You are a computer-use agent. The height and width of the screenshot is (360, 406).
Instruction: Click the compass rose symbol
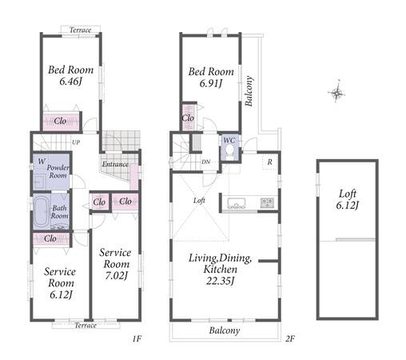(x=336, y=92)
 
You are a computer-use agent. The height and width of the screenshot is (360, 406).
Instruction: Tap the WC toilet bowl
(x=229, y=150)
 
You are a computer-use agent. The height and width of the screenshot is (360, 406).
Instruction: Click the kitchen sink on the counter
(x=237, y=203)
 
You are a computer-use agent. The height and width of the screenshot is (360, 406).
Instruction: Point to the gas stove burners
(x=267, y=202)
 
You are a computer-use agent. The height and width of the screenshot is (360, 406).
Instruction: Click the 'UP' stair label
(x=76, y=142)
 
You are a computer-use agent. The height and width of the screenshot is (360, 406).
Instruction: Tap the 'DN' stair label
(x=206, y=162)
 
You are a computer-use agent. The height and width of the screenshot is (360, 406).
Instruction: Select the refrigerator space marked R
(x=270, y=162)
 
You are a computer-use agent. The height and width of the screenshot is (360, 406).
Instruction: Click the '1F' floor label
(x=137, y=338)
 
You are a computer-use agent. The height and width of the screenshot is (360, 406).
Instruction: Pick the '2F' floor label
(x=290, y=338)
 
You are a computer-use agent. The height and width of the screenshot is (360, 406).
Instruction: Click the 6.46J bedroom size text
(x=70, y=81)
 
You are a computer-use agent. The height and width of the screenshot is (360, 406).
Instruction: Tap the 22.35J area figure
(x=220, y=281)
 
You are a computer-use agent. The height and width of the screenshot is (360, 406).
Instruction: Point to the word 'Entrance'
(x=115, y=164)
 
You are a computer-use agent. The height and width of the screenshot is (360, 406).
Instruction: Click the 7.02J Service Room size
(x=116, y=275)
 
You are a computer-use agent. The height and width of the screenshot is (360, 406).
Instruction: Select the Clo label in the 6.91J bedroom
(x=188, y=118)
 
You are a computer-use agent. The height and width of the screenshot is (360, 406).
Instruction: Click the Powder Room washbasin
(x=39, y=182)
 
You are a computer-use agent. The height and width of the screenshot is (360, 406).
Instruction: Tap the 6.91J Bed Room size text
(x=211, y=83)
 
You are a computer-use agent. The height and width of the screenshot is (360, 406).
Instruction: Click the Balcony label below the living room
(x=225, y=330)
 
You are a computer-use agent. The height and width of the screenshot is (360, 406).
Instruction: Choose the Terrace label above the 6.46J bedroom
(x=80, y=30)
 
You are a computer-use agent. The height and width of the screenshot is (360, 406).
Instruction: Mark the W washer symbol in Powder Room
(x=42, y=161)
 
